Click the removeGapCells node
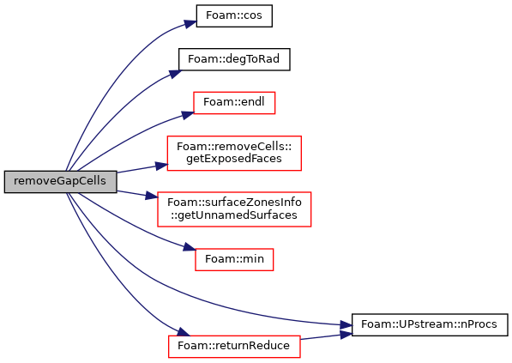[x=60, y=182]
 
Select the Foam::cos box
[x=234, y=15]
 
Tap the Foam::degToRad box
[x=234, y=59]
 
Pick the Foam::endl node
[x=234, y=103]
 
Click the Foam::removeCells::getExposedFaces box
[x=234, y=153]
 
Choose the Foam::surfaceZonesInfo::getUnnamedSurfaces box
[x=234, y=209]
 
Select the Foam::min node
[x=234, y=259]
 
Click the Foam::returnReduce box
[x=234, y=347]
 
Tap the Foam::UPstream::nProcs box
[x=430, y=324]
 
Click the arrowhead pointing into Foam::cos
[x=190, y=24]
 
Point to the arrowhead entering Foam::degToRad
[x=175, y=74]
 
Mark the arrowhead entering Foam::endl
[x=188, y=115]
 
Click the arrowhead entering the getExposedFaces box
[x=161, y=166]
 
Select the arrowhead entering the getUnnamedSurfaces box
[x=152, y=196]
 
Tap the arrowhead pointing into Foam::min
[x=190, y=247]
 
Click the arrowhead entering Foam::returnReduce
[x=184, y=332]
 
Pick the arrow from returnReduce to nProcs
[x=326, y=337]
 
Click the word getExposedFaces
[x=234, y=159]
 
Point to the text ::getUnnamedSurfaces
[x=234, y=215]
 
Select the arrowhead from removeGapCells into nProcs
[x=346, y=325]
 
